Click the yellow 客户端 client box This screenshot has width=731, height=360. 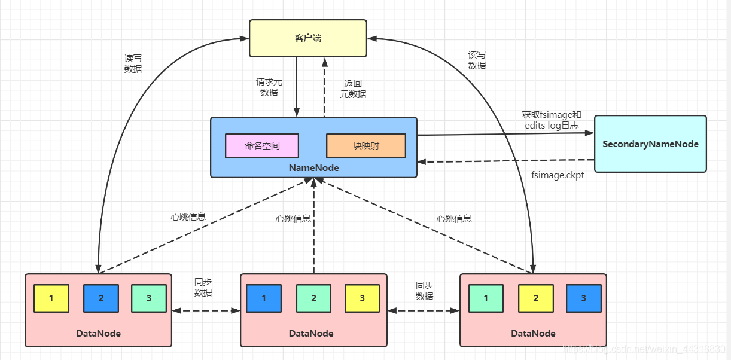(x=308, y=38)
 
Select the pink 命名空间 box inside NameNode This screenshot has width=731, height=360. (x=261, y=145)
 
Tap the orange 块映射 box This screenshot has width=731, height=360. (x=365, y=145)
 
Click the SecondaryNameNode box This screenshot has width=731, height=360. (x=650, y=144)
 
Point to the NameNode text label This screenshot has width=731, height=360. (x=313, y=168)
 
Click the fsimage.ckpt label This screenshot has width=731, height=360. (x=558, y=175)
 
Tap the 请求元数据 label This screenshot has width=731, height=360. (x=269, y=87)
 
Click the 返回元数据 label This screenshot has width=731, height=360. (x=353, y=89)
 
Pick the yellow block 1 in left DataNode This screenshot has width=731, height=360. (x=51, y=298)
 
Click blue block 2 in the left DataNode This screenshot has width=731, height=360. (x=100, y=298)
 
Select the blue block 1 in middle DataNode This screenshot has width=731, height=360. (x=264, y=297)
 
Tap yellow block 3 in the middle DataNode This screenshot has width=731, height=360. (x=362, y=297)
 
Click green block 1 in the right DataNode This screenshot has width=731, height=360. (x=486, y=298)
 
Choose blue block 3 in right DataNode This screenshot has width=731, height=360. (x=583, y=298)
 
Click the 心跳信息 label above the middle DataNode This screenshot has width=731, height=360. (x=293, y=219)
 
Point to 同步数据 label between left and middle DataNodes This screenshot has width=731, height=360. (x=203, y=288)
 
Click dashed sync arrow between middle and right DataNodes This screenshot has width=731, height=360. (x=424, y=310)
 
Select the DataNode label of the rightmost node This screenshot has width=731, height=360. (x=533, y=333)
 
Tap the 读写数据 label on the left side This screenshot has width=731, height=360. (x=133, y=63)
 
